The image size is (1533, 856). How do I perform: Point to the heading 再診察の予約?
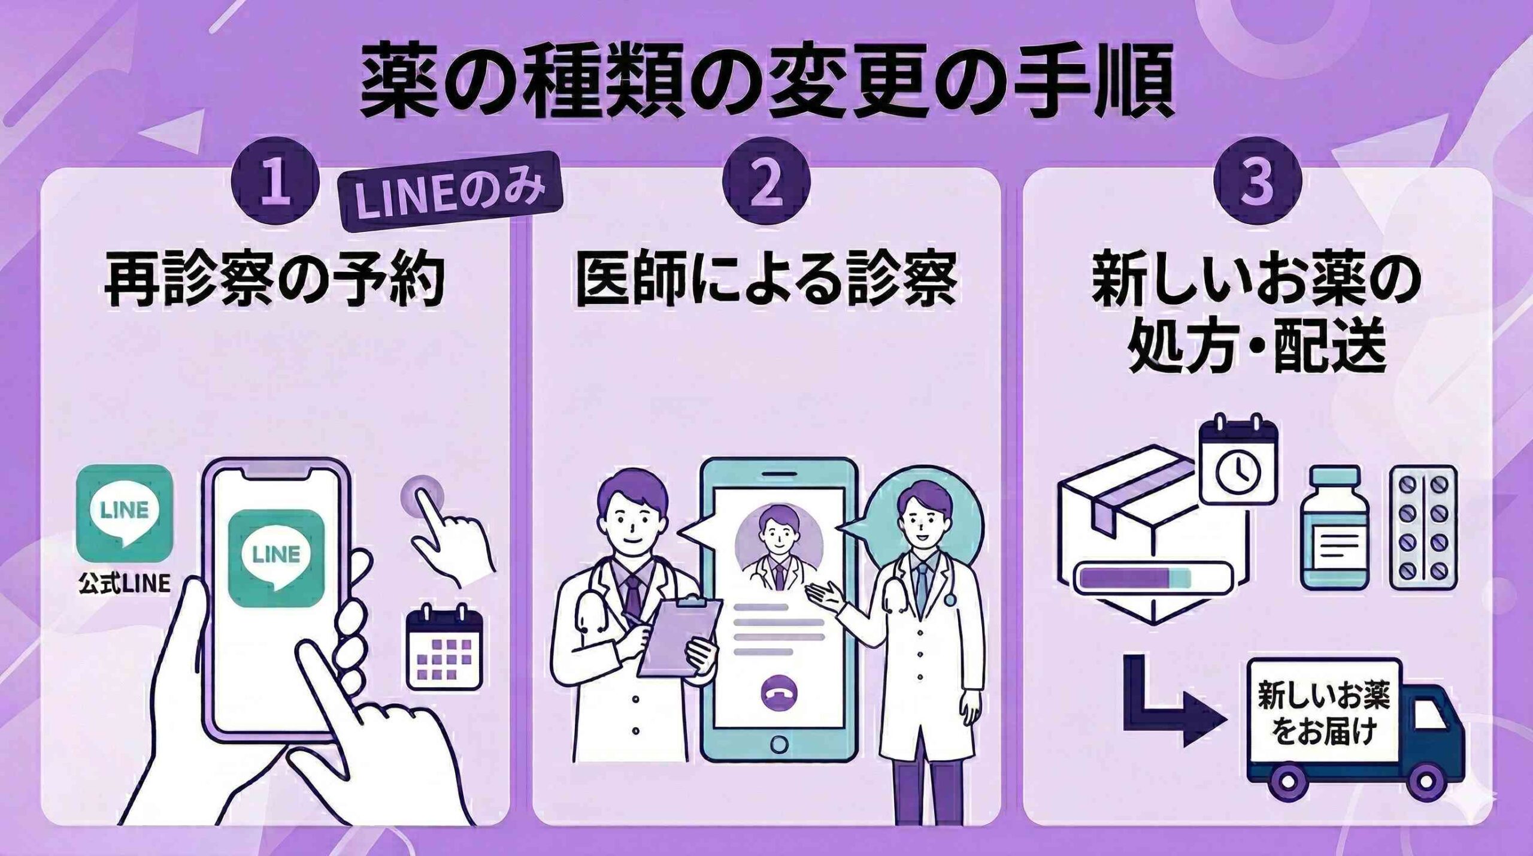click(x=275, y=282)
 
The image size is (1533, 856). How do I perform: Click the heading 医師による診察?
click(x=766, y=282)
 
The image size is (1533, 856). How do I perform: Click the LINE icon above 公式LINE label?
click(x=125, y=510)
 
